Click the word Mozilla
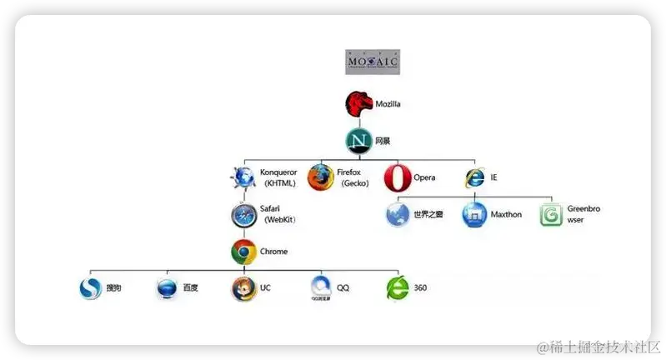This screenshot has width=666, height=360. click(x=388, y=104)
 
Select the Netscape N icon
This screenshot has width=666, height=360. click(x=358, y=141)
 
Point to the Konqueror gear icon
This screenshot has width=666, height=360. click(x=243, y=177)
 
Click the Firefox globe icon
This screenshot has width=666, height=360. click(x=320, y=177)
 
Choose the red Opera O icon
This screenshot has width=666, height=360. click(x=398, y=177)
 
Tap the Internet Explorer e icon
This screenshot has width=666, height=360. click(x=475, y=177)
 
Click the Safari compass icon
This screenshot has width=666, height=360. click(x=243, y=215)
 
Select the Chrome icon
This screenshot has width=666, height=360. click(x=243, y=251)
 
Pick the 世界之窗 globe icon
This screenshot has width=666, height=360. click(x=398, y=215)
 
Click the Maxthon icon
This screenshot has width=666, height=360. click(x=475, y=215)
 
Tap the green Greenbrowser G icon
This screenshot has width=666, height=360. click(x=552, y=215)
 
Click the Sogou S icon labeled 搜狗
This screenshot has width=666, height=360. click(x=90, y=288)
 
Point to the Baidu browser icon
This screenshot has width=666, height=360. click(x=167, y=288)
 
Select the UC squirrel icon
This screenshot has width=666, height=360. click(x=243, y=288)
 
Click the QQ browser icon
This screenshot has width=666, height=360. click(x=320, y=287)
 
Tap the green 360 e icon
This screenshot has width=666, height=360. click(x=397, y=288)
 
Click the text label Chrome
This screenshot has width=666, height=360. click(x=274, y=251)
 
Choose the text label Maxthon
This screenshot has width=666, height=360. click(x=506, y=215)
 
